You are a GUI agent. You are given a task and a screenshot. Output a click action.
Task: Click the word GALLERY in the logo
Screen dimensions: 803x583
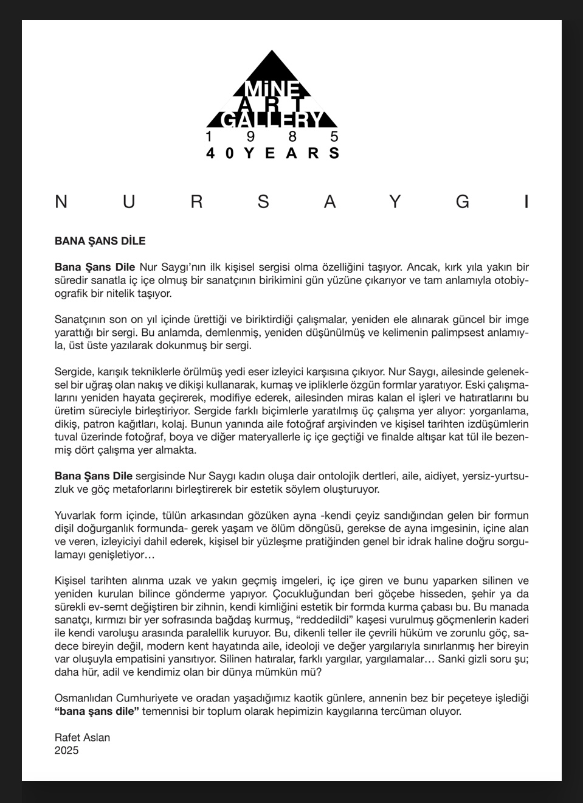point(272,120)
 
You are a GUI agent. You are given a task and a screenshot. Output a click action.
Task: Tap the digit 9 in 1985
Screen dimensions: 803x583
point(251,136)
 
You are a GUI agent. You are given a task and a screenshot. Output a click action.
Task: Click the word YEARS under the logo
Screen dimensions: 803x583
point(292,153)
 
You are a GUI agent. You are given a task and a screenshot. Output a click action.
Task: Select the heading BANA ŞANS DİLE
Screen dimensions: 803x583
point(100,241)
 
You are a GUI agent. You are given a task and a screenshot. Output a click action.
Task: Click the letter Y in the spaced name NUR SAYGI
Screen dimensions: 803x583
point(395,202)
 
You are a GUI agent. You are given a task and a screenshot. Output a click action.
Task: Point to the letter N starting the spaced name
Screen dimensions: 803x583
point(61,202)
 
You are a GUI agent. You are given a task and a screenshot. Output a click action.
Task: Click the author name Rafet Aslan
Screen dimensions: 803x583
point(82,737)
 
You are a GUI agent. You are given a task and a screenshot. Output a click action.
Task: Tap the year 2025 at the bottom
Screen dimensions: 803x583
point(66,750)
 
